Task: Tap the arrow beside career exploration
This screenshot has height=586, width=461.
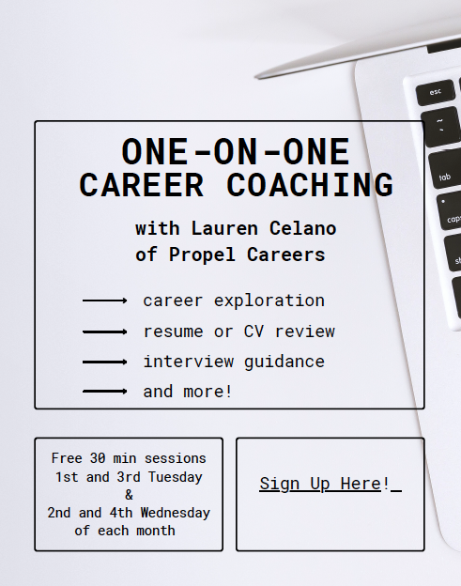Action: [104, 301]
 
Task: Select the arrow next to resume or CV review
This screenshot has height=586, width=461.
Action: [104, 332]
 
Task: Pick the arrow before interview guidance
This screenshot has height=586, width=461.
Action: [104, 362]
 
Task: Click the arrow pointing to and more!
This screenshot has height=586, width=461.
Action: [104, 391]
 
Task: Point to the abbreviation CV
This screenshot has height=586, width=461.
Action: [254, 332]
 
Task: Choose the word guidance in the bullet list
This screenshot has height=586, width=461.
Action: [284, 362]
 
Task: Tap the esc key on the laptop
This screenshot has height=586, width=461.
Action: [436, 92]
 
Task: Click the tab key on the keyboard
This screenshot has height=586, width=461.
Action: [445, 177]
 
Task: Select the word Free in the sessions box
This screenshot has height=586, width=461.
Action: [67, 459]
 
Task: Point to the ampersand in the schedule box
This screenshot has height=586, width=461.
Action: [129, 495]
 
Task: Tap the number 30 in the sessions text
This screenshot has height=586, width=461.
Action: [98, 459]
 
